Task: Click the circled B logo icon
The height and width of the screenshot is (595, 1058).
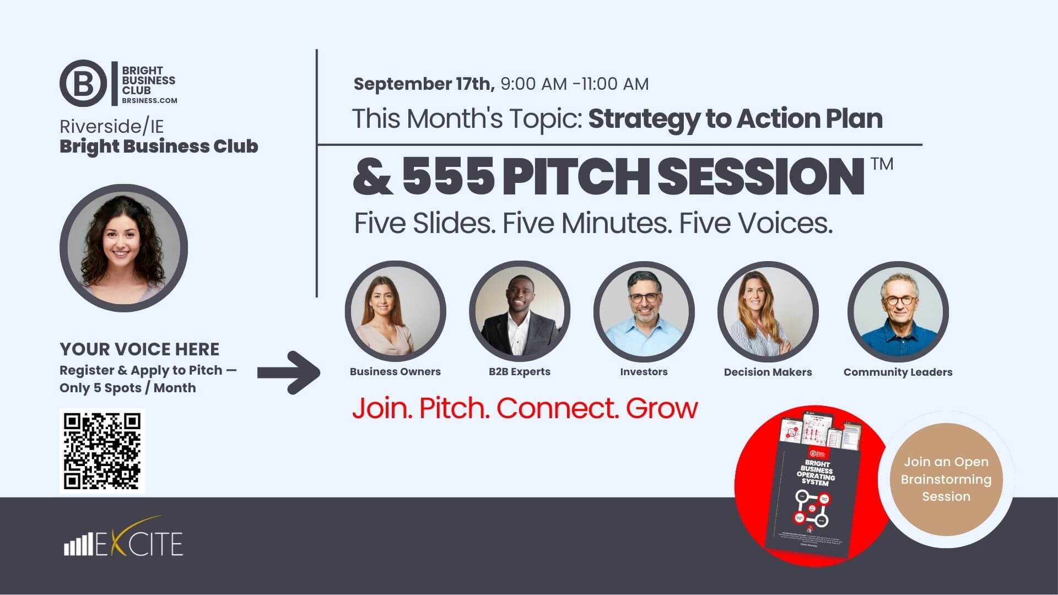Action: [x=83, y=84]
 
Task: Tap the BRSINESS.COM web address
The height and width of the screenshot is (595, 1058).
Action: [x=149, y=101]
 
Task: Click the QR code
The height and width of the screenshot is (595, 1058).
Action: [x=102, y=451]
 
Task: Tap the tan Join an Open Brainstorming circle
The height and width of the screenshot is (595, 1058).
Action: [x=946, y=479]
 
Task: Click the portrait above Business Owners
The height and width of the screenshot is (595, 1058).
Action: [x=395, y=311]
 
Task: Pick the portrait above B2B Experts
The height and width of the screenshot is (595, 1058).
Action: [x=519, y=311]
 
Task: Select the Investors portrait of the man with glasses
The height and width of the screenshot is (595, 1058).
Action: [x=644, y=311]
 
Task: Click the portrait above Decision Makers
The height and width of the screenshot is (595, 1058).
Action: [x=768, y=311]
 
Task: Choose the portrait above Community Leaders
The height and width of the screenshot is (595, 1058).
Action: [x=898, y=311]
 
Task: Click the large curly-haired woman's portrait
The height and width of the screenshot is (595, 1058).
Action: [x=123, y=248]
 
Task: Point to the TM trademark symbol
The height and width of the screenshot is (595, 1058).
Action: [x=882, y=164]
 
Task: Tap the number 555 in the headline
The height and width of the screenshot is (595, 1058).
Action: [x=447, y=176]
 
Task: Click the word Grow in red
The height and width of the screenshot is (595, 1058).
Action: [x=661, y=408]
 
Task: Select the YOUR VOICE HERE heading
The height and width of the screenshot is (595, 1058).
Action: [x=139, y=349]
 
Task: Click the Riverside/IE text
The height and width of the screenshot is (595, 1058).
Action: [x=111, y=127]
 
